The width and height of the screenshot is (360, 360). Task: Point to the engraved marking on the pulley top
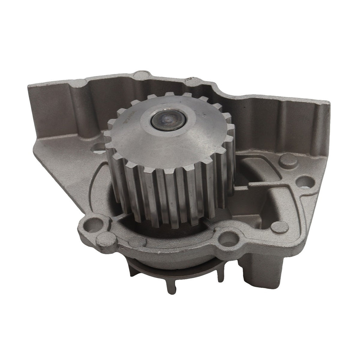coord(129,122)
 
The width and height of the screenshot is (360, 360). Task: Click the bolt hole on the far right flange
coord(304,182)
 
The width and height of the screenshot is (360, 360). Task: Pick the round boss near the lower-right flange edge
coord(279,227)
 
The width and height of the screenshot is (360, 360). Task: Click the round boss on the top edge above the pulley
coord(142,75)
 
